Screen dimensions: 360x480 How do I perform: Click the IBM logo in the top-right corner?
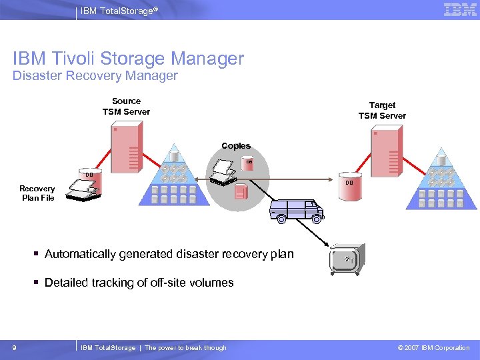tap(460, 10)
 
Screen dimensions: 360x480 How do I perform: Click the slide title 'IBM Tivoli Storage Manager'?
tap(129, 59)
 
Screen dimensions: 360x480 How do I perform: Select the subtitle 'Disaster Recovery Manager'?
tap(95, 76)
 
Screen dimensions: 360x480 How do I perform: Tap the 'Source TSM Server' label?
tap(126, 107)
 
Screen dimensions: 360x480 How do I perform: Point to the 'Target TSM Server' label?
tap(382, 111)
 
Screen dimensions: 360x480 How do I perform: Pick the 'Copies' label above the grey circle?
tap(236, 146)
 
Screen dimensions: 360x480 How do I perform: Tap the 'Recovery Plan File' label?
tap(37, 193)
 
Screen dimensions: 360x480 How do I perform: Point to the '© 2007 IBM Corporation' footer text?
tap(433, 348)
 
